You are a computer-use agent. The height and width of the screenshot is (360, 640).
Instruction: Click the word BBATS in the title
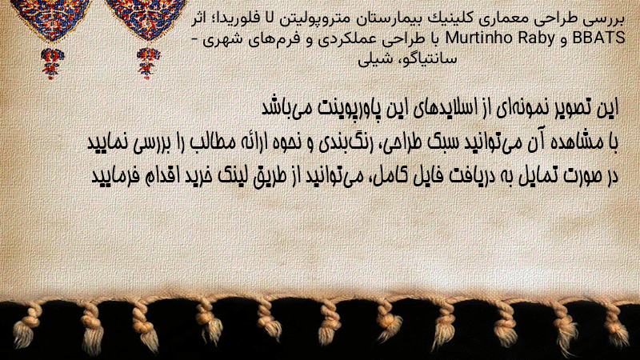[x=598, y=38]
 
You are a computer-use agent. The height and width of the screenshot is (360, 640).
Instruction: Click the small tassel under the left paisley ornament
[x=52, y=62]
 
